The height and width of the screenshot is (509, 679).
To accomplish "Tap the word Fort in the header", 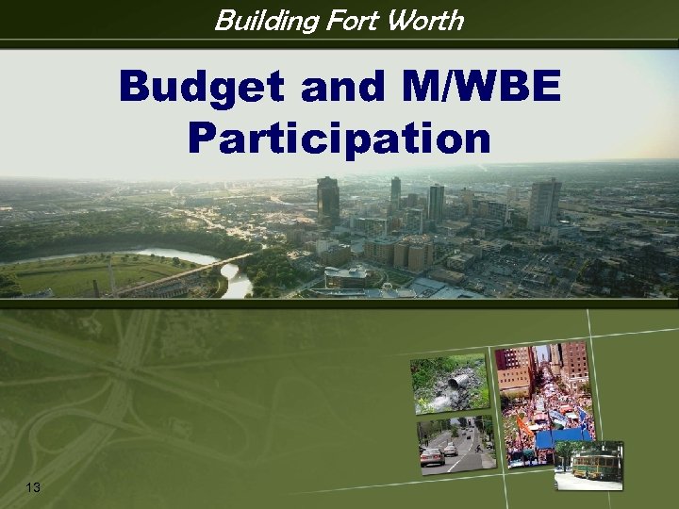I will [356, 20].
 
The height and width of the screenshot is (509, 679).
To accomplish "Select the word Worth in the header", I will [427, 20].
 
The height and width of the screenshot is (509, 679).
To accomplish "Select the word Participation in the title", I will [339, 138].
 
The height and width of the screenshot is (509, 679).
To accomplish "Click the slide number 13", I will [34, 486].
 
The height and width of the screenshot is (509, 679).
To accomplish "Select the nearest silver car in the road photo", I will [432, 457].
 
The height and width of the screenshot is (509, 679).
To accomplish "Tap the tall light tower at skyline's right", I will [544, 202].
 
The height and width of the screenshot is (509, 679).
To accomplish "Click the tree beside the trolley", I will [566, 455].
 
